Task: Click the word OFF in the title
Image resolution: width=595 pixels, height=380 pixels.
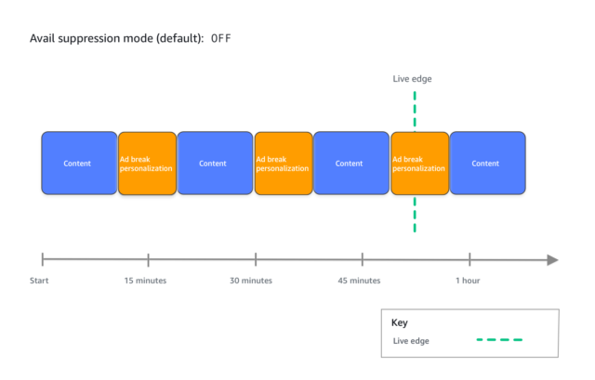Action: [x=221, y=38]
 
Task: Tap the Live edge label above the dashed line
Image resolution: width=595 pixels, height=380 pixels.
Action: [x=412, y=79]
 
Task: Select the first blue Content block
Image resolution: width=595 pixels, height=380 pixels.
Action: [x=79, y=164]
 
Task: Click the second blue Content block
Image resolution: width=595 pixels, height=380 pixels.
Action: [x=215, y=164]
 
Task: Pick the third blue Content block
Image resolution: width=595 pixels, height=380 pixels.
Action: [x=351, y=164]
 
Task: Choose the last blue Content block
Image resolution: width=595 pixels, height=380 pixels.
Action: [x=487, y=164]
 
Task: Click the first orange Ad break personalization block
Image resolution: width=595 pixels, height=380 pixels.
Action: [x=147, y=164]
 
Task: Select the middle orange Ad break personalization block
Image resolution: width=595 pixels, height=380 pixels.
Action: [x=284, y=164]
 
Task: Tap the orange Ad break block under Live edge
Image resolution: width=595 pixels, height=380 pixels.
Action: [x=420, y=164]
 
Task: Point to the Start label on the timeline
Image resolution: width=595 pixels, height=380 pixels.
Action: [x=39, y=281]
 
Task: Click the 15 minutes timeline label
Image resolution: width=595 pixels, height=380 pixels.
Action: [x=145, y=281]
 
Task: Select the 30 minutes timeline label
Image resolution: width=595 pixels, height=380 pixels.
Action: [x=251, y=281]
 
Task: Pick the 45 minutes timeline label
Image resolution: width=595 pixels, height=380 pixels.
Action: [x=359, y=281]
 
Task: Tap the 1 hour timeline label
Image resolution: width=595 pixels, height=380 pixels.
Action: [x=468, y=281]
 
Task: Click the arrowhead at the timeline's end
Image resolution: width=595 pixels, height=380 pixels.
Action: [x=552, y=260]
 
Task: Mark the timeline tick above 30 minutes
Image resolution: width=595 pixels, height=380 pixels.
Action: [x=256, y=260]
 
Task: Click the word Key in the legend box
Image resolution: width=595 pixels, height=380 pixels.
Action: [x=400, y=322]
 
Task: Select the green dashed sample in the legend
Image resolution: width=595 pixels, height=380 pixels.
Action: [x=499, y=340]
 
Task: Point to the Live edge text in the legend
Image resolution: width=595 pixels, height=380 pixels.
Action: [x=411, y=341]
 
